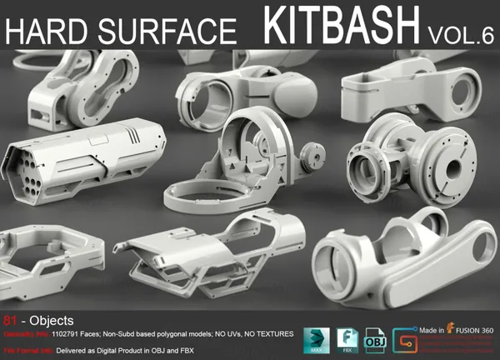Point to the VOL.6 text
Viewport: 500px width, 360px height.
click(462, 34)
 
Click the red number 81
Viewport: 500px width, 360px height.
click(10, 319)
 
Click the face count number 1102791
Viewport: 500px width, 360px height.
click(69, 334)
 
